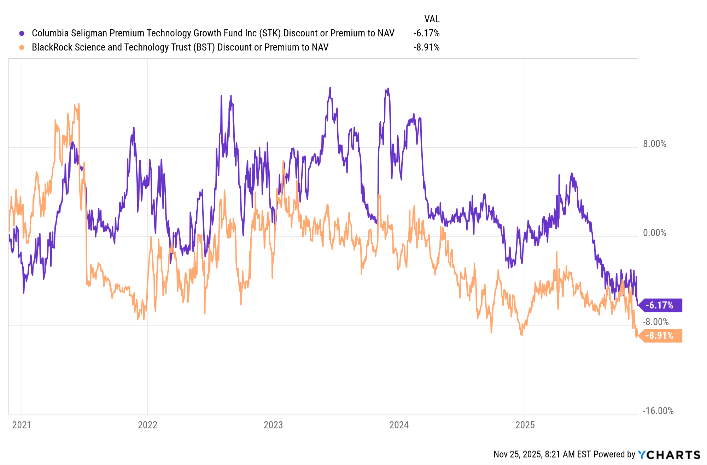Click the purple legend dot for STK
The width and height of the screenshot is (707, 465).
click(x=22, y=33)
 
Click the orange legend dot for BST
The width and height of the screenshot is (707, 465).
click(x=22, y=47)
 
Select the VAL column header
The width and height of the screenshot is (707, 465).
click(x=432, y=19)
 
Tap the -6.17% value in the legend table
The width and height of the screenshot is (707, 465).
click(x=427, y=33)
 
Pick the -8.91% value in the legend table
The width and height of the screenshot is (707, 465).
click(x=427, y=47)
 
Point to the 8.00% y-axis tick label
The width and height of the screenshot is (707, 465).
click(x=654, y=144)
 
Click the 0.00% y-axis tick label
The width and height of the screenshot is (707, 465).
click(x=654, y=233)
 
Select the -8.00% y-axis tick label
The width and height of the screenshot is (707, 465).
click(x=656, y=322)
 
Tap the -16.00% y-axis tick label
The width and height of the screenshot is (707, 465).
click(x=658, y=411)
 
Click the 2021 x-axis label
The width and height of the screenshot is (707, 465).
click(x=22, y=425)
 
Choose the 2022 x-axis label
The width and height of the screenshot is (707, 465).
click(x=147, y=425)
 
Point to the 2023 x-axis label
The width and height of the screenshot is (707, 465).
click(x=273, y=425)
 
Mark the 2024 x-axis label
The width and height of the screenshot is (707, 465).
click(x=399, y=425)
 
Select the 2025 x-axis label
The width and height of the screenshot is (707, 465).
click(x=525, y=425)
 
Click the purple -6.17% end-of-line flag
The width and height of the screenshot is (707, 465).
click(x=660, y=305)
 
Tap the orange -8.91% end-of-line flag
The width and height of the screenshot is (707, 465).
click(x=660, y=336)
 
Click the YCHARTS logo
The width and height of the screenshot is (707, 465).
click(x=669, y=455)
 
